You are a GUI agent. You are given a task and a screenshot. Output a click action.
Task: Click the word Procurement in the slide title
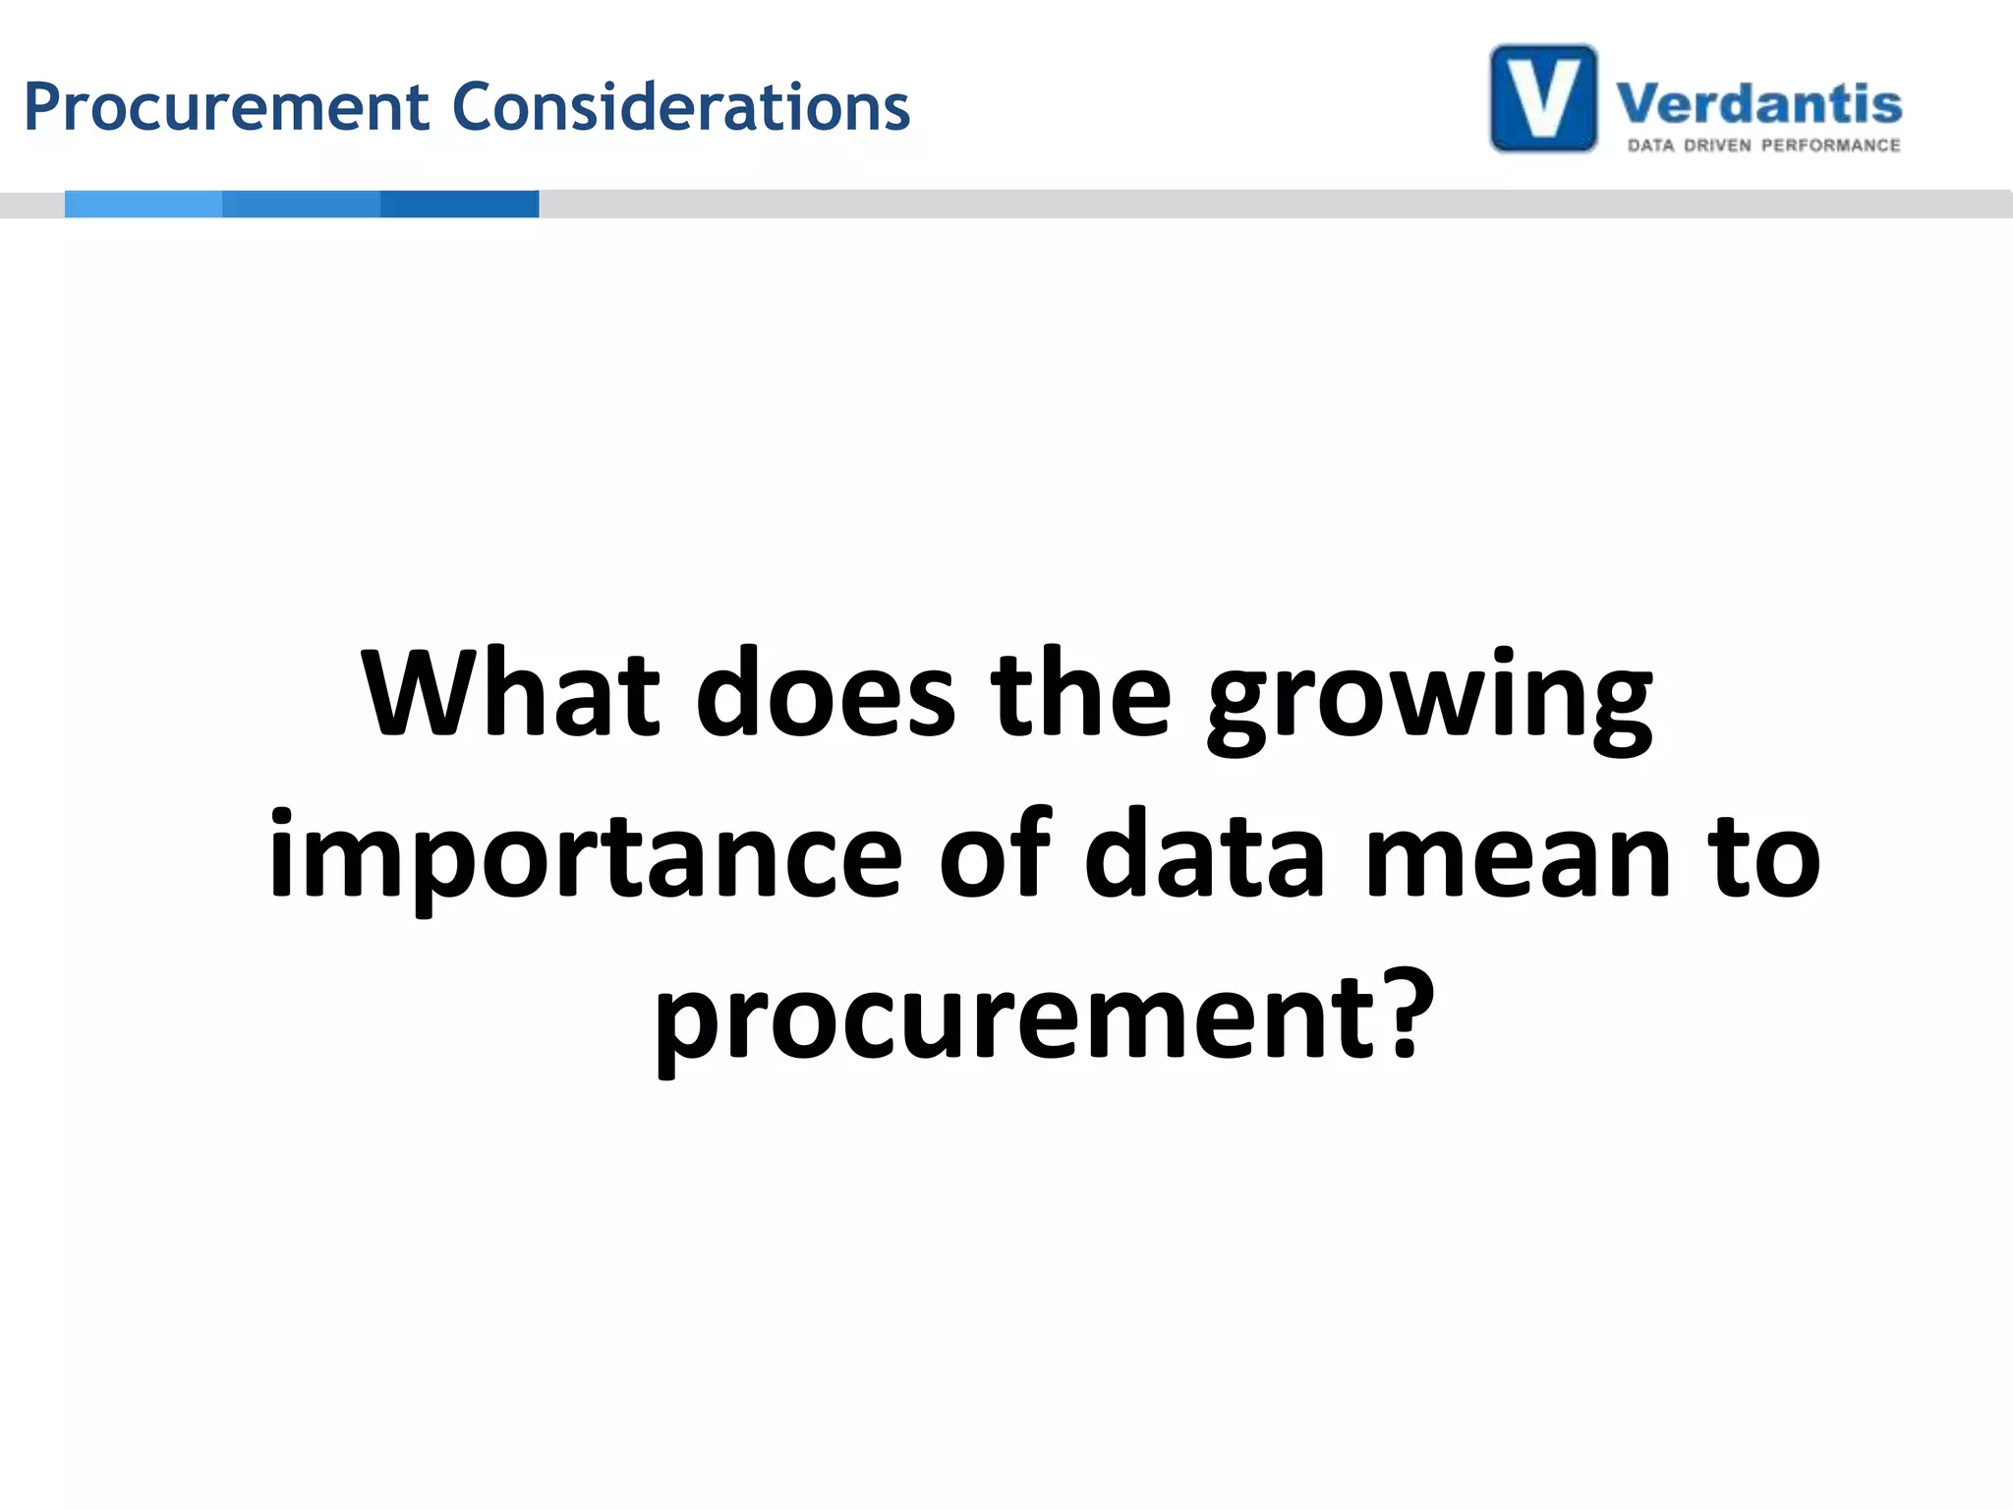click(x=227, y=107)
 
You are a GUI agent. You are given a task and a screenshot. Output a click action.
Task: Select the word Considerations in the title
click(x=681, y=107)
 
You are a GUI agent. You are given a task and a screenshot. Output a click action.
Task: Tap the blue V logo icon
click(x=1543, y=99)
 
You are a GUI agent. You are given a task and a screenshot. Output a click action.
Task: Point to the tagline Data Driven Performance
click(x=1763, y=145)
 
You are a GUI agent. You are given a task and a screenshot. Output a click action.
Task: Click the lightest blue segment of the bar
click(x=144, y=203)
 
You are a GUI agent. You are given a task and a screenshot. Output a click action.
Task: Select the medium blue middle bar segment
click(x=301, y=203)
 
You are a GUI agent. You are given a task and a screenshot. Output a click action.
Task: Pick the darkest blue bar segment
click(x=459, y=203)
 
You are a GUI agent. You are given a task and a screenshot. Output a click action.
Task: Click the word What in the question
click(x=510, y=693)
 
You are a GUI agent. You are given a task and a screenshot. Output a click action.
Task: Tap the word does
click(x=825, y=693)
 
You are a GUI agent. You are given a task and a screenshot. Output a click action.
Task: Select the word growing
click(x=1430, y=698)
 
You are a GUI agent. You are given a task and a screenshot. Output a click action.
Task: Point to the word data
click(x=1205, y=855)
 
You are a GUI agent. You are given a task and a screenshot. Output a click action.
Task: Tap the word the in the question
click(x=1080, y=693)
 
